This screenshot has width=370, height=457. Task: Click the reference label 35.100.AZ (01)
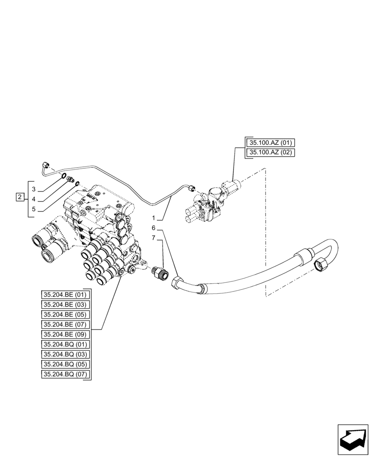[x=271, y=143]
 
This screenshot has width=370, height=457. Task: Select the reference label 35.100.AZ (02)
[x=271, y=153]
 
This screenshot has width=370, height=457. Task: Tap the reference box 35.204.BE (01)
[x=66, y=294]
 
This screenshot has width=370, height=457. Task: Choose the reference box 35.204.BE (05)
[x=66, y=314]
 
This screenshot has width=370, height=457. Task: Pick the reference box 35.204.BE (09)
[x=66, y=335]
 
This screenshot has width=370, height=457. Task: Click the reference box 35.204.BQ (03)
[x=66, y=355]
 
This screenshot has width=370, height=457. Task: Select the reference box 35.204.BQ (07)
[x=66, y=375]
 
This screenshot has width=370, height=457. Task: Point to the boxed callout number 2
[x=19, y=197]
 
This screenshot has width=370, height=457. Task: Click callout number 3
[x=34, y=189]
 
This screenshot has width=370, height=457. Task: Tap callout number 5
[x=34, y=209]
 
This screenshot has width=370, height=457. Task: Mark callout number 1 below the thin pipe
[x=154, y=218]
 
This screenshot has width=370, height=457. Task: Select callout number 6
[x=154, y=228]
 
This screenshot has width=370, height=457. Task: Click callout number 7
[x=154, y=238]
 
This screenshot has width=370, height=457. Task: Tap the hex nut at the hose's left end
[x=177, y=283]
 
